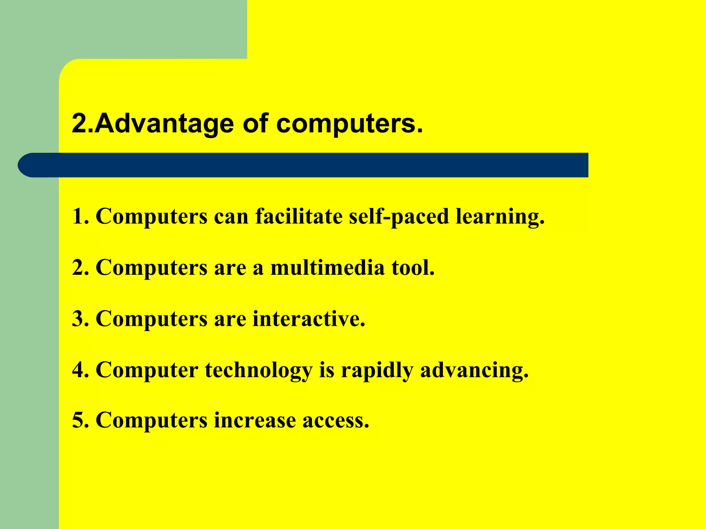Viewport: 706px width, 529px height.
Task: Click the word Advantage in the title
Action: pyautogui.click(x=164, y=124)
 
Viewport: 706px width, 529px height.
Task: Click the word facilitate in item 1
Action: pyautogui.click(x=299, y=217)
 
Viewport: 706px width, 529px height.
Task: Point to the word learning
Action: pyautogui.click(x=500, y=217)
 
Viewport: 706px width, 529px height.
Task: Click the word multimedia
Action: pyautogui.click(x=327, y=268)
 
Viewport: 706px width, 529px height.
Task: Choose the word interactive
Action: pyautogui.click(x=309, y=319)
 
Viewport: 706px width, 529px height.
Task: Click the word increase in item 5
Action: pyautogui.click(x=255, y=421)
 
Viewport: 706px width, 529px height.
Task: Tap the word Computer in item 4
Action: pyautogui.click(x=147, y=370)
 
